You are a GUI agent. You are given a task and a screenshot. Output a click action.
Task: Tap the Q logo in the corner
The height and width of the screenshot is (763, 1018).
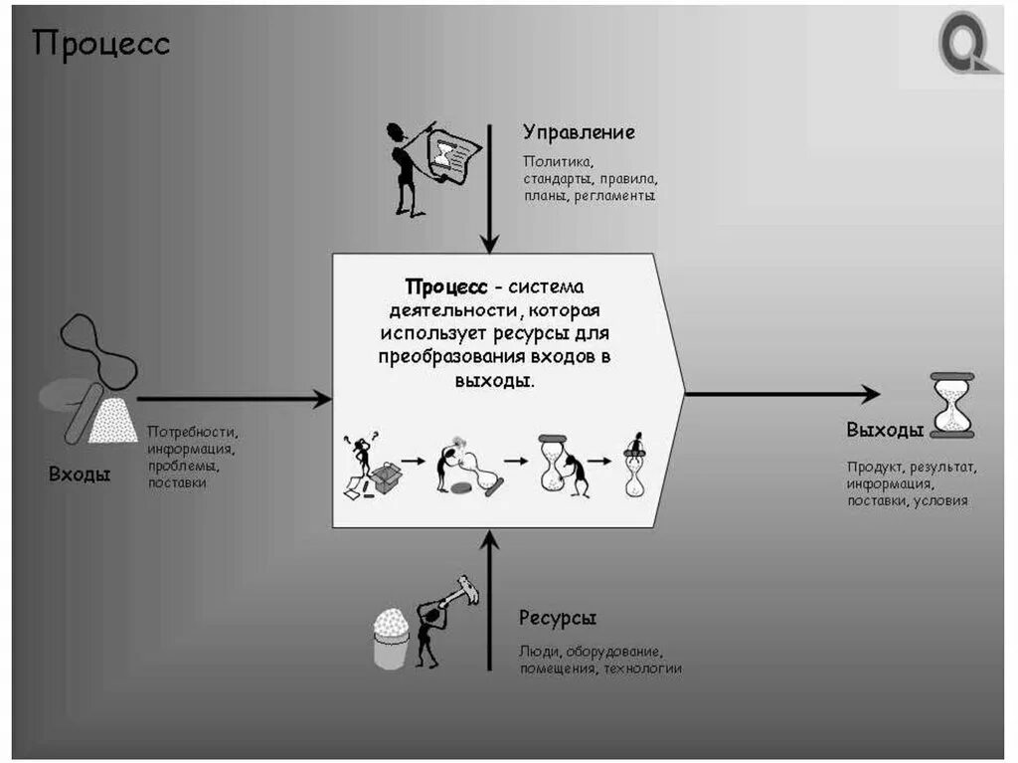965,43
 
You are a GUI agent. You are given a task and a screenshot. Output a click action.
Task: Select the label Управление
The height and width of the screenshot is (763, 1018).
579,132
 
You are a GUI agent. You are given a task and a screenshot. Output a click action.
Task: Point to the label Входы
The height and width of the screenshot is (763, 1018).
80,475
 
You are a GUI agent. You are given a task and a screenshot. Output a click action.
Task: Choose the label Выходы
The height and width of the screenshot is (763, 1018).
885,430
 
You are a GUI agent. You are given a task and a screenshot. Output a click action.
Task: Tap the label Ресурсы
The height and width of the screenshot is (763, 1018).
557,618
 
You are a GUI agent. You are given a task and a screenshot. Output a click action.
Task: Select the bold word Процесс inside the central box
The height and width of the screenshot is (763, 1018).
446,286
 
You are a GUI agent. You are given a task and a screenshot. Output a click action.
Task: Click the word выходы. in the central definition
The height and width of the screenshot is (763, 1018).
495,380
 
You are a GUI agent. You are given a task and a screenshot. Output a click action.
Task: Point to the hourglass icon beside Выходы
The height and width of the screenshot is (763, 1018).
952,405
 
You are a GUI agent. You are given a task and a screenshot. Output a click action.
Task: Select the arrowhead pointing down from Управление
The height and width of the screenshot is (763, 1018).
488,243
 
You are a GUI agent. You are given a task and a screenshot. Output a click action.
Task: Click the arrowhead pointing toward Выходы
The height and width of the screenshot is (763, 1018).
871,394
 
